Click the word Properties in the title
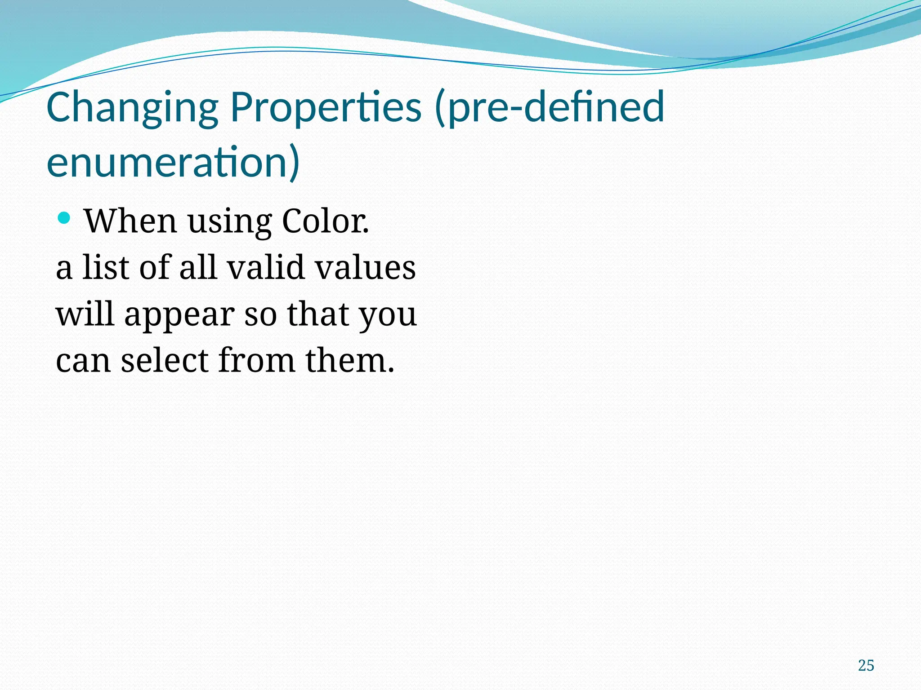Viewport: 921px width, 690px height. point(326,108)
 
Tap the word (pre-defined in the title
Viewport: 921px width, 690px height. point(549,108)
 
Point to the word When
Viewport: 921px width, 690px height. point(130,221)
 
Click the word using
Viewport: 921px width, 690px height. point(229,222)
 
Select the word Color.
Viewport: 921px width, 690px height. point(325,221)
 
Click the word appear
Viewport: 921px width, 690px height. point(179,315)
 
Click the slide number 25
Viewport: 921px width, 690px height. point(866,665)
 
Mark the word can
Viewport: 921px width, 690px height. point(83,361)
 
